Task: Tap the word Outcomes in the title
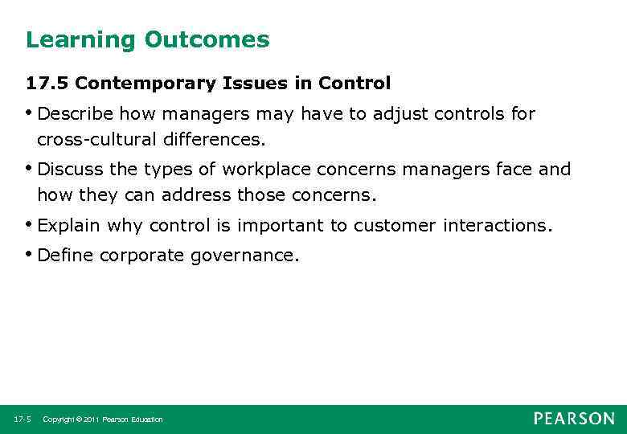click(207, 39)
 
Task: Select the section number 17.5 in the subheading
click(47, 84)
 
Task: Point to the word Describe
click(74, 114)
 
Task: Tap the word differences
click(214, 139)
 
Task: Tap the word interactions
click(497, 226)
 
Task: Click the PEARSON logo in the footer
click(573, 419)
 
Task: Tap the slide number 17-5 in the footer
click(22, 420)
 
